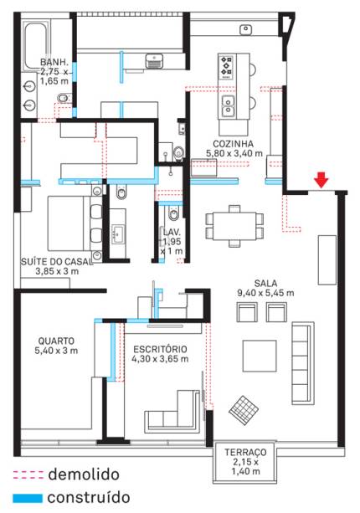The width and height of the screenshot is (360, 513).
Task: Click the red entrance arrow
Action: click(321, 180)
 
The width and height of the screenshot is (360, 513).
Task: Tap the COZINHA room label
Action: click(233, 144)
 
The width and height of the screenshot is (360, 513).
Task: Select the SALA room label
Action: click(265, 284)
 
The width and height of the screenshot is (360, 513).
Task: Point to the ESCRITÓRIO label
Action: click(160, 349)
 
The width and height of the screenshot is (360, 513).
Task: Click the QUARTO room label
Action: click(56, 341)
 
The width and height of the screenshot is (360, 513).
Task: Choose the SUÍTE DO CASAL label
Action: click(56, 262)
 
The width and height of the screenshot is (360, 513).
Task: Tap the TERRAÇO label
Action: click(245, 453)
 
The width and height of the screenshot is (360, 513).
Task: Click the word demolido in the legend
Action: click(84, 475)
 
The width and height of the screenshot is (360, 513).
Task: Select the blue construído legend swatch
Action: click(28, 498)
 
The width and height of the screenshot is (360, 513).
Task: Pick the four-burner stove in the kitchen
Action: click(227, 67)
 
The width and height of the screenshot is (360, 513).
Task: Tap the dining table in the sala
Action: click(234, 226)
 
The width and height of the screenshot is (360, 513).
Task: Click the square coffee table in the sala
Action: click(260, 356)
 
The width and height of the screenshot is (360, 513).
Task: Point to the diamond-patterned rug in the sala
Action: click(244, 410)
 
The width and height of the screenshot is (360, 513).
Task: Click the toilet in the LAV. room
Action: click(173, 214)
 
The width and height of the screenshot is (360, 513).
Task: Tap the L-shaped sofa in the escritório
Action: click(172, 410)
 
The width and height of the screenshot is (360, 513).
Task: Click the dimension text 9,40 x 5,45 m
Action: click(265, 293)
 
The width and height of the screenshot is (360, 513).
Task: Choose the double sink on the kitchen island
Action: click(228, 106)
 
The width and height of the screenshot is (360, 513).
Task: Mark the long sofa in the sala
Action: click(303, 363)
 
